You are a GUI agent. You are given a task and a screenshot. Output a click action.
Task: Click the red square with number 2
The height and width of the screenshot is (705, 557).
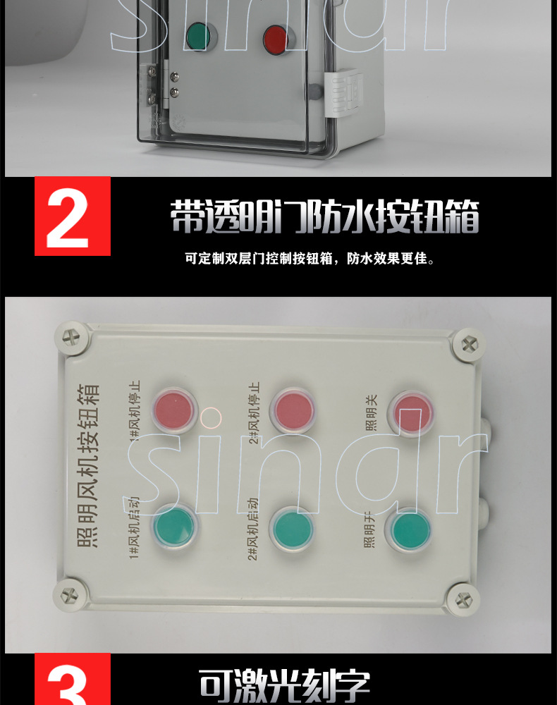click(x=73, y=215)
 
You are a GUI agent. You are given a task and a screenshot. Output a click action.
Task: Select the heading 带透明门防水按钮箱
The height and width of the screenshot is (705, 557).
click(x=324, y=216)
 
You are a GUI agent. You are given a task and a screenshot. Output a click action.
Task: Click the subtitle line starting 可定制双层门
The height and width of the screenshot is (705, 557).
click(x=310, y=259)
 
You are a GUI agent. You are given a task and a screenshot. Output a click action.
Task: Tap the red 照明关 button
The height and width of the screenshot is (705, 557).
click(x=411, y=411)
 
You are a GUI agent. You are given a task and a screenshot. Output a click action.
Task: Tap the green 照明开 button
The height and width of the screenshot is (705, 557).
click(x=410, y=530)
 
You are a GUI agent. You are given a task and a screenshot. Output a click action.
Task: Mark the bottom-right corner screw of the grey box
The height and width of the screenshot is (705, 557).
click(x=463, y=599)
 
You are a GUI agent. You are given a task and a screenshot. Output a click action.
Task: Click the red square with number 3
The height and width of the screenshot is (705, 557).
click(x=73, y=680)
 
